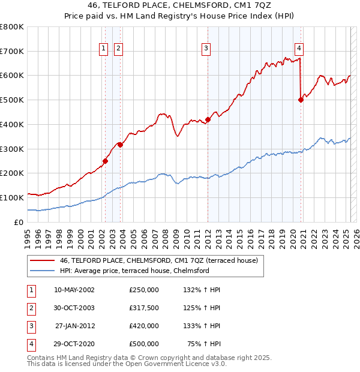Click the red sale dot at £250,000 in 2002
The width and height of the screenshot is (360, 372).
click(x=105, y=161)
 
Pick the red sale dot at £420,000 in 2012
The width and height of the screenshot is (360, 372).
click(x=208, y=119)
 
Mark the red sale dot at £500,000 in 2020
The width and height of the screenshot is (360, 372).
click(x=301, y=100)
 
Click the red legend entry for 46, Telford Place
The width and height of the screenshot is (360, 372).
click(x=158, y=261)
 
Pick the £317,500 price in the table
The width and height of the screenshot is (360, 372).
click(x=143, y=308)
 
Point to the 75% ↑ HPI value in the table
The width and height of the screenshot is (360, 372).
click(x=206, y=344)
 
